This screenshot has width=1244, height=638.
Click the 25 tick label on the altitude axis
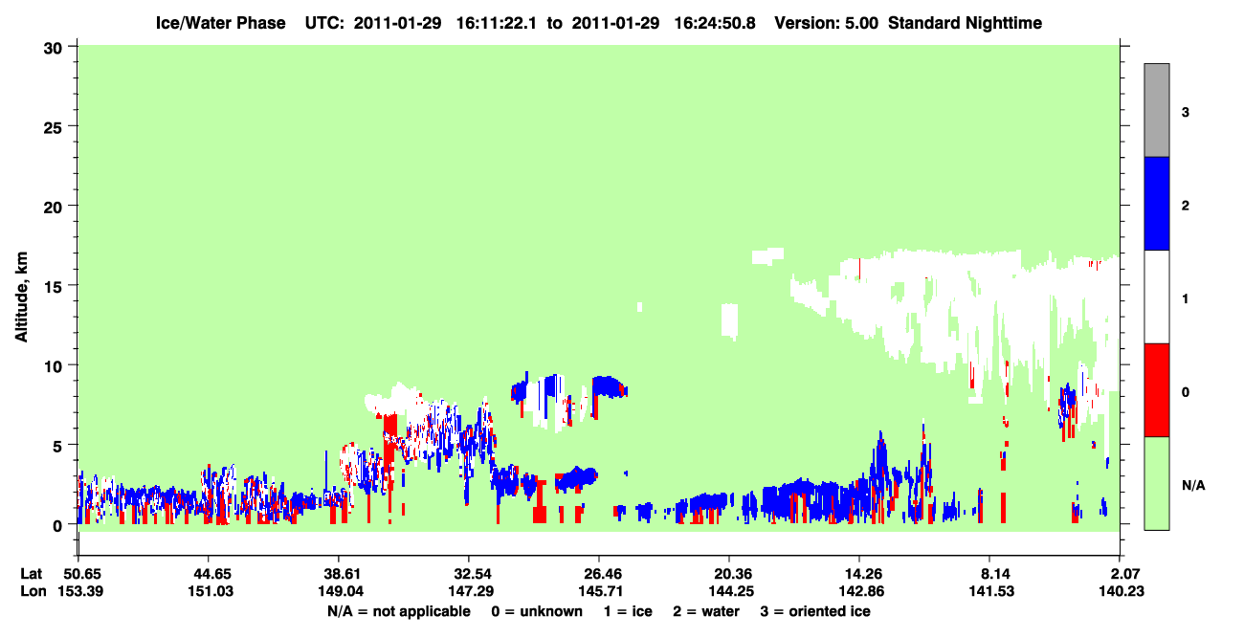click(x=53, y=127)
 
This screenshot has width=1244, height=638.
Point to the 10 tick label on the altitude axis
click(x=53, y=366)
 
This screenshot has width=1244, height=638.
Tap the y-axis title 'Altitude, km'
click(x=21, y=297)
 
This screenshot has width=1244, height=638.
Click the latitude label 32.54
click(x=472, y=574)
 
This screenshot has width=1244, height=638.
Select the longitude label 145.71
click(x=600, y=591)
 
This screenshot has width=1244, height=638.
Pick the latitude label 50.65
click(x=82, y=574)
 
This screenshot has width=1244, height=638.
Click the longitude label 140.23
click(x=1122, y=591)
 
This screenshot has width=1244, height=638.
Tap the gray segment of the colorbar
click(x=1157, y=110)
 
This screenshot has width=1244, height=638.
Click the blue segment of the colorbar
click(x=1157, y=203)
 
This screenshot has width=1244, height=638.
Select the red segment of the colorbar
click(x=1157, y=390)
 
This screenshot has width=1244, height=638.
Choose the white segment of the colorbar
click(x=1157, y=297)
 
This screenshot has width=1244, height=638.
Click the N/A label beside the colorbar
click(x=1193, y=486)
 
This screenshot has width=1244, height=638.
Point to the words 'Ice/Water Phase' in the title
click(x=220, y=23)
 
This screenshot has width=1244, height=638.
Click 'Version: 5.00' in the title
click(x=827, y=23)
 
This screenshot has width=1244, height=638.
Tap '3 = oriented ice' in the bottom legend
click(x=815, y=611)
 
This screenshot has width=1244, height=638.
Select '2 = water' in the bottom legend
click(x=706, y=611)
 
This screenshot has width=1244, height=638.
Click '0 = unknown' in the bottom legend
click(x=537, y=611)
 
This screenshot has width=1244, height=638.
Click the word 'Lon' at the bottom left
click(x=33, y=591)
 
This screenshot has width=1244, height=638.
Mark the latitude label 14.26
click(x=863, y=574)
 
